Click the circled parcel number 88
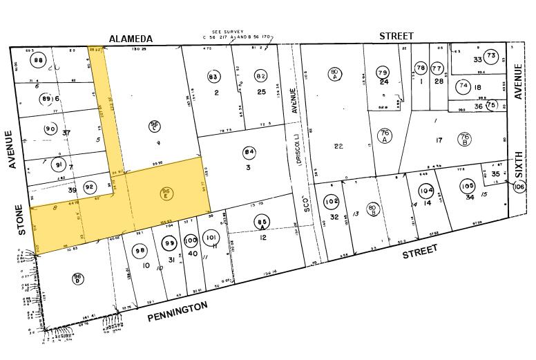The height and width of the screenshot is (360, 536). tap(39, 60)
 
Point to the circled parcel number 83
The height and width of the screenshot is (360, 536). tap(213, 76)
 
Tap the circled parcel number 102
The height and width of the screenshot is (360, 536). tap(332, 202)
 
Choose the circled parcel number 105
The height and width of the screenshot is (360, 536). tap(468, 186)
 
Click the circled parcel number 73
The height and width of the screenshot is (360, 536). tap(491, 56)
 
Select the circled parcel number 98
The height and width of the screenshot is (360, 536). tap(140, 250)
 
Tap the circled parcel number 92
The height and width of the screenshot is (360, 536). tap(89, 187)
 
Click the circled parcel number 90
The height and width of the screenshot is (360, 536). tap(50, 129)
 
